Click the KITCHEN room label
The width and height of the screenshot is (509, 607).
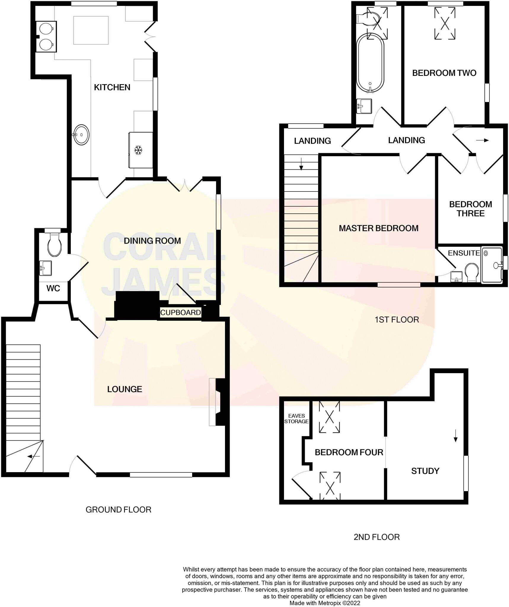(112, 87)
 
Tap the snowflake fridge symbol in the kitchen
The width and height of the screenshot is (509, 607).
(138, 150)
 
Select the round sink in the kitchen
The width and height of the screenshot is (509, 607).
(81, 135)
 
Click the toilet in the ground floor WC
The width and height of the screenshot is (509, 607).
(55, 245)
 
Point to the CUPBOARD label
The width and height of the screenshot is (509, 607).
(180, 312)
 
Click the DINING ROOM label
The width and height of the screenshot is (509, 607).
(152, 241)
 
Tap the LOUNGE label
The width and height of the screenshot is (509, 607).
(125, 389)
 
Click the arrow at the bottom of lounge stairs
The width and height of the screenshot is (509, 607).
(33, 456)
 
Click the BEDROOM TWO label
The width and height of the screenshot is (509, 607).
(444, 73)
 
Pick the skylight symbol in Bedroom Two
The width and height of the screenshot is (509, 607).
(445, 23)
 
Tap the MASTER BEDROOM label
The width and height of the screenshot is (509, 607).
(379, 228)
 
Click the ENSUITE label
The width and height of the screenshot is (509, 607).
(464, 253)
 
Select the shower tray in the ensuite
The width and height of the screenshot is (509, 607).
(492, 265)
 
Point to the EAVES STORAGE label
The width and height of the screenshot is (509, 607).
(296, 418)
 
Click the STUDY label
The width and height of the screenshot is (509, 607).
(425, 471)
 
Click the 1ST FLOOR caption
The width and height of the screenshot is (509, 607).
(397, 320)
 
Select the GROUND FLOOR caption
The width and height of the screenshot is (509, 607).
(118, 509)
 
